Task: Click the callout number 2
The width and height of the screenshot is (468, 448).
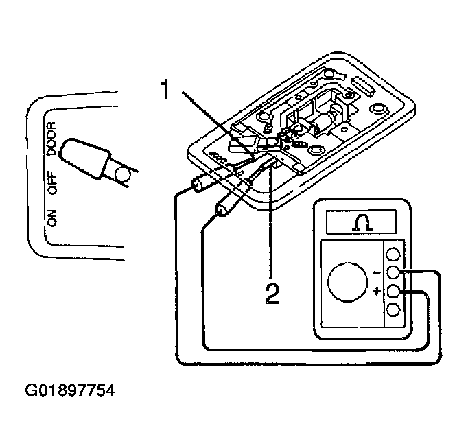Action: pyautogui.click(x=272, y=294)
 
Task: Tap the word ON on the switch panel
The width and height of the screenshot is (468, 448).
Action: pyautogui.click(x=51, y=218)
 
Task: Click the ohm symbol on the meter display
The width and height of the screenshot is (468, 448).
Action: pyautogui.click(x=361, y=222)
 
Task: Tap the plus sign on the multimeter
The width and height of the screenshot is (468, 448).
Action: pyautogui.click(x=377, y=292)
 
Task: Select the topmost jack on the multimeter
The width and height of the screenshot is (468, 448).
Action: pyautogui.click(x=394, y=254)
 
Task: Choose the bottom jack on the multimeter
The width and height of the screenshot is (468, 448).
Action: pyautogui.click(x=394, y=309)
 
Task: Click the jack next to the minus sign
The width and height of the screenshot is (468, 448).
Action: pyautogui.click(x=394, y=272)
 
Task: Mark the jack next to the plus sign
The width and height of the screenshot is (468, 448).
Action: pyautogui.click(x=394, y=291)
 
